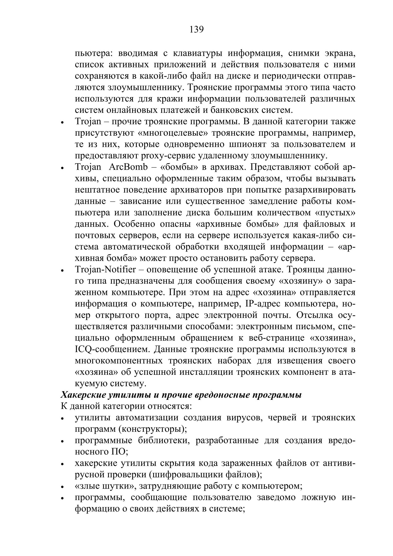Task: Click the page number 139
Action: click(x=197, y=30)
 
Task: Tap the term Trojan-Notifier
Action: click(x=105, y=270)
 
